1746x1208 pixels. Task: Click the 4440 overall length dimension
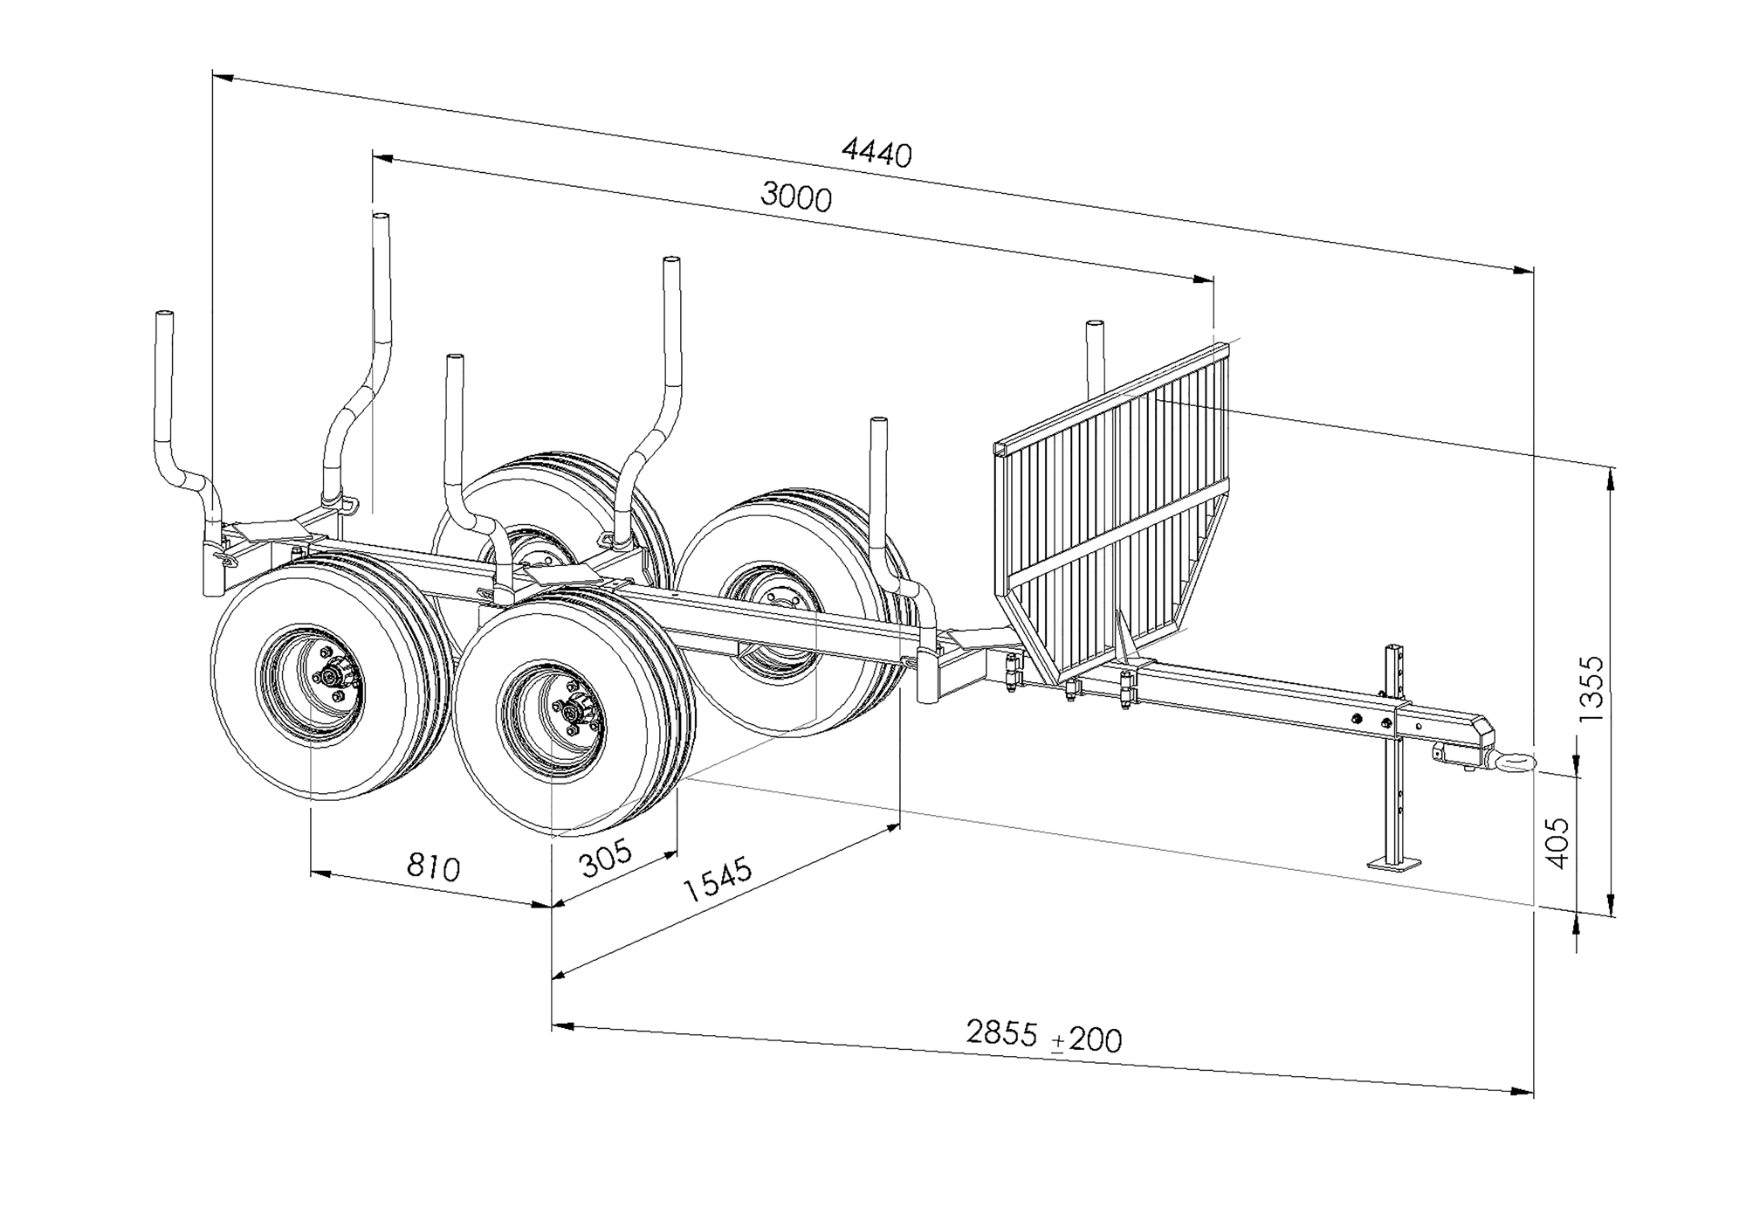click(x=876, y=154)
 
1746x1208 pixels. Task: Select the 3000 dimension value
click(x=795, y=197)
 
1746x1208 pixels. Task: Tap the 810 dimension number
click(x=433, y=867)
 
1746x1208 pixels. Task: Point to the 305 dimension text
click(x=606, y=858)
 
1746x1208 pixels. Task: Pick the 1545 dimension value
click(x=717, y=880)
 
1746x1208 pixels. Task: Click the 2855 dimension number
click(x=1001, y=1032)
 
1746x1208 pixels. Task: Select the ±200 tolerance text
click(x=1087, y=1039)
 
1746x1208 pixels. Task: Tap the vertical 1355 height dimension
click(x=1591, y=687)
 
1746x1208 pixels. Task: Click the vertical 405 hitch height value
click(x=1557, y=843)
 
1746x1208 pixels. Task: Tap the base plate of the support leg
click(x=1394, y=864)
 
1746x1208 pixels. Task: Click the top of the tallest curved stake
click(x=380, y=216)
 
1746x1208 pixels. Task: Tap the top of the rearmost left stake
click(x=163, y=314)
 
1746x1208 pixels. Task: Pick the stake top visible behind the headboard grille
click(x=1095, y=327)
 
